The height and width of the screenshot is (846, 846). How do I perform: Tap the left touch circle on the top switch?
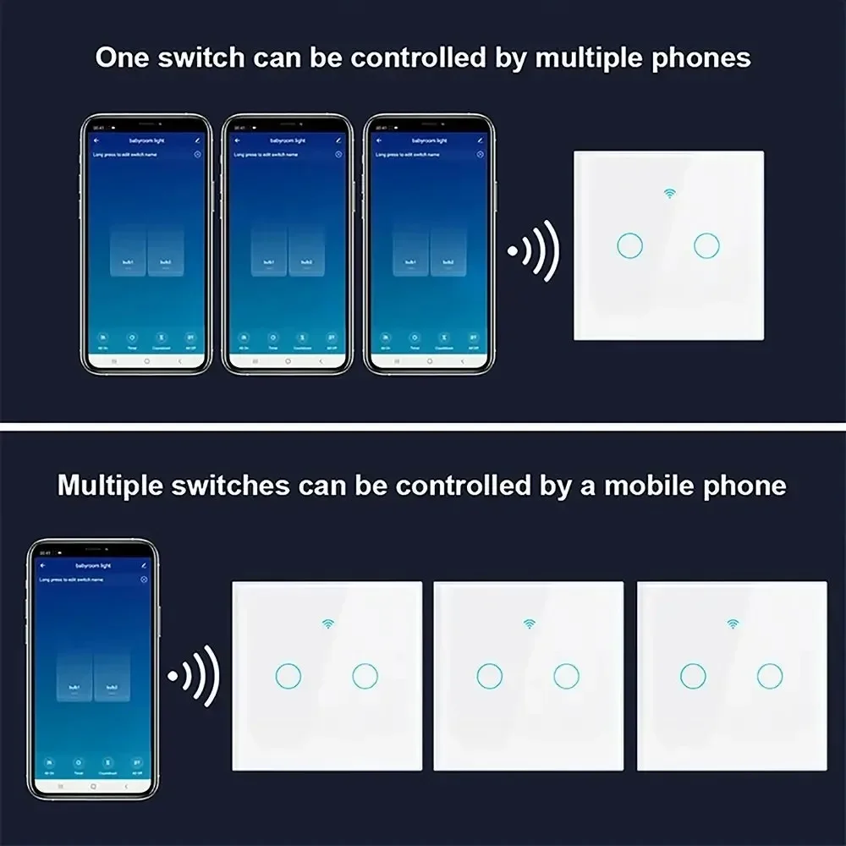click(629, 245)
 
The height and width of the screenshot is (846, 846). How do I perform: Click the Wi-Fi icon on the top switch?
click(669, 194)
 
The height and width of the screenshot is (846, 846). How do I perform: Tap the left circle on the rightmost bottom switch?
click(693, 675)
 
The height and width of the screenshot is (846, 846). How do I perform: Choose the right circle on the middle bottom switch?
click(566, 675)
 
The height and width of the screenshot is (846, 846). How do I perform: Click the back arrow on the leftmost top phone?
click(96, 140)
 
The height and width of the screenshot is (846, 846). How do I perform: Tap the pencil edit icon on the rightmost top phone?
click(480, 140)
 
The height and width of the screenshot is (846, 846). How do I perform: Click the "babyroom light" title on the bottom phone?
click(93, 564)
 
